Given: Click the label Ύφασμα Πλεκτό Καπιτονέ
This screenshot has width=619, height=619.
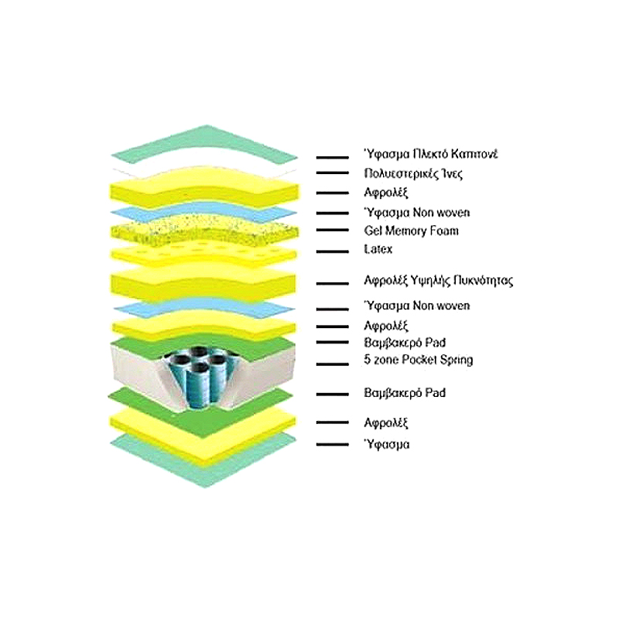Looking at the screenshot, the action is (431, 154).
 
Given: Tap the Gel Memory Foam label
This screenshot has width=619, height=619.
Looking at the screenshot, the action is (412, 231).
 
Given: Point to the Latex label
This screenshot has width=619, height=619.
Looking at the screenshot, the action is (378, 249).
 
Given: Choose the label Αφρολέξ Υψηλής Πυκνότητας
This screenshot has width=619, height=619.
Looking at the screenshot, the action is (438, 281).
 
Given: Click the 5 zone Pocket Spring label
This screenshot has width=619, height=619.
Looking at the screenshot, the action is (419, 360).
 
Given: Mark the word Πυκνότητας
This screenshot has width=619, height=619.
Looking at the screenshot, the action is (483, 281).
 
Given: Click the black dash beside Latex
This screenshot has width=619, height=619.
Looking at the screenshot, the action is (333, 251).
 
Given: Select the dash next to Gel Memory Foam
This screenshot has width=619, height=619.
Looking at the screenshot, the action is (333, 230).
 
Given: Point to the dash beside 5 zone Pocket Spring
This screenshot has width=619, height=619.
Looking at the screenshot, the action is (333, 364).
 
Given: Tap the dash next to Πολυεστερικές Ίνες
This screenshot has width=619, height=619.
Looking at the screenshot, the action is (333, 173).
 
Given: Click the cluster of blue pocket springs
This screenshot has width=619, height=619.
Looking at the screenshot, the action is (200, 377).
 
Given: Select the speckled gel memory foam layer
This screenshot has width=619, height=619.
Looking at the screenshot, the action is (204, 229).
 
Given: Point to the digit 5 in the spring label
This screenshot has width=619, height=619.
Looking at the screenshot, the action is (367, 359).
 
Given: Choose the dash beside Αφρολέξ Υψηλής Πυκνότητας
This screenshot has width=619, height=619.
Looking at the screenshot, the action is (333, 283).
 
